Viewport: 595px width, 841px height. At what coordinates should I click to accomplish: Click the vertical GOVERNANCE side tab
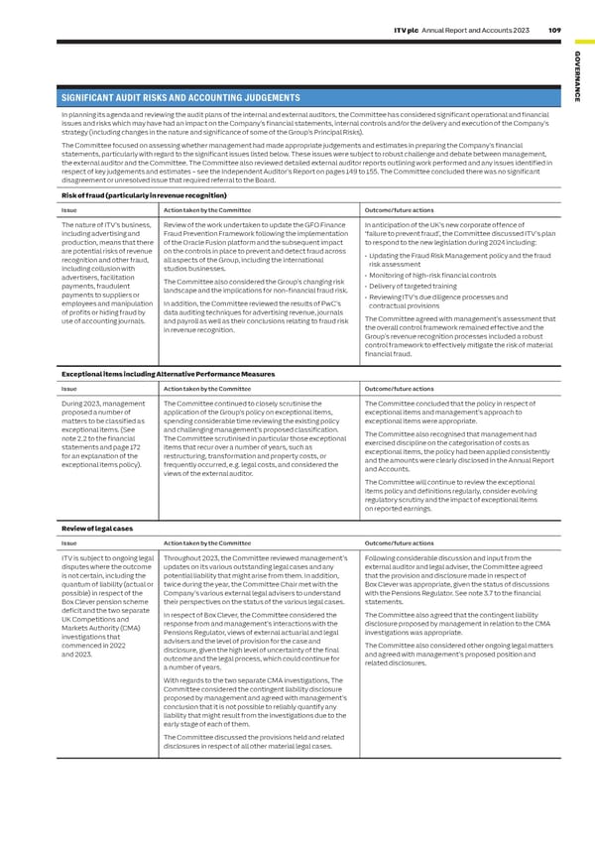578,73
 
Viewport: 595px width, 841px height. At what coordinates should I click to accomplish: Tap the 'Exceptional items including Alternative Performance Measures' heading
168,374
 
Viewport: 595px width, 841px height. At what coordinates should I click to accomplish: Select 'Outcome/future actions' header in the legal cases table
400,544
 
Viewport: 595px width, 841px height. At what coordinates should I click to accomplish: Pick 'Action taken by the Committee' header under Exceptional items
206,389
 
